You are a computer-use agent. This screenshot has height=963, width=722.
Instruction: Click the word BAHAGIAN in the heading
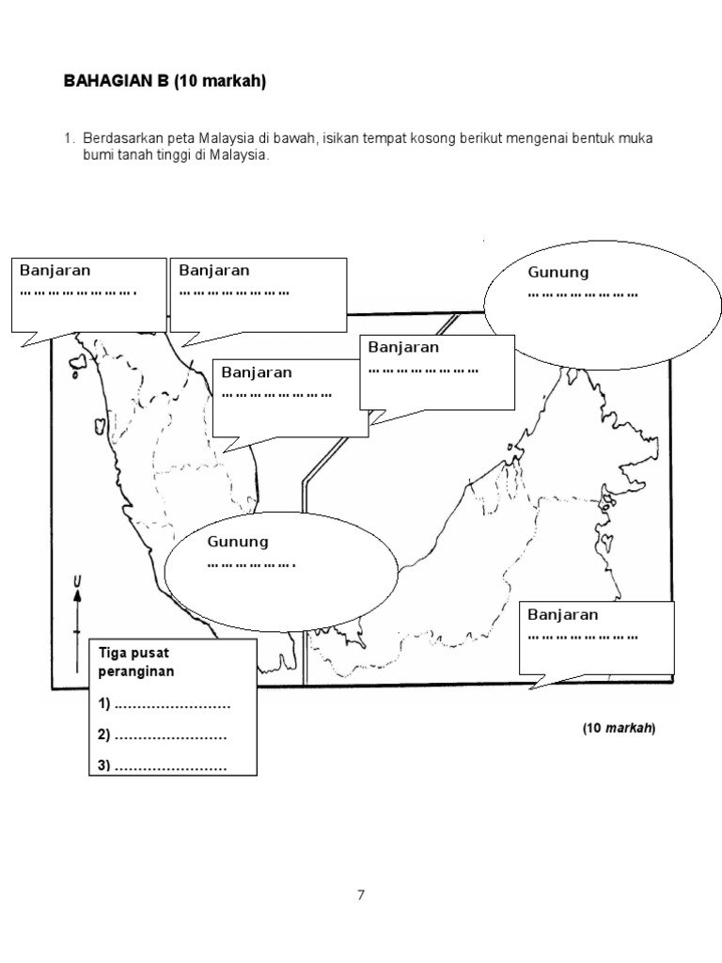click(x=102, y=83)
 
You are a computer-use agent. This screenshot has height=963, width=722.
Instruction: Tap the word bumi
click(x=97, y=156)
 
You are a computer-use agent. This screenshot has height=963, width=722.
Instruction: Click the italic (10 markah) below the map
click(x=618, y=729)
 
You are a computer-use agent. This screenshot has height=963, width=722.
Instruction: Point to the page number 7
click(x=360, y=894)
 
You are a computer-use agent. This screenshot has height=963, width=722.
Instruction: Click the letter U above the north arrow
click(x=77, y=588)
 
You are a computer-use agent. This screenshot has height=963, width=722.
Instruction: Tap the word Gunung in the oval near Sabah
click(x=558, y=273)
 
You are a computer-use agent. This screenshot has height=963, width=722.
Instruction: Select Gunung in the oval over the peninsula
click(x=238, y=542)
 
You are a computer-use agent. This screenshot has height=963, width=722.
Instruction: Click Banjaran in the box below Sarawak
click(x=563, y=614)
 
